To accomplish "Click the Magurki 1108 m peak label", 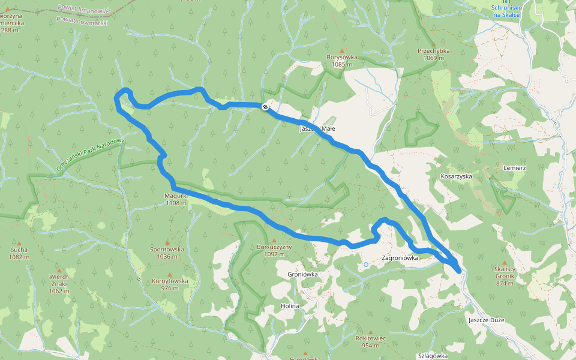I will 176,199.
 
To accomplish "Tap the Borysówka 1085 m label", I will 342,61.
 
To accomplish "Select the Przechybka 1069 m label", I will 434,54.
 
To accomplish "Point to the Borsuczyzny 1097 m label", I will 274,250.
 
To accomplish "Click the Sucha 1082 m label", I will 19,253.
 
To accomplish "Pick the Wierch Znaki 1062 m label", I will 59,283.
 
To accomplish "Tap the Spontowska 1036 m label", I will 167,252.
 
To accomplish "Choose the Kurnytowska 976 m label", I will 170,284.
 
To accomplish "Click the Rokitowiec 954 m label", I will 370,341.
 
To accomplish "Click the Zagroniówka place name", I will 400,258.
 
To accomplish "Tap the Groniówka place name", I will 302,274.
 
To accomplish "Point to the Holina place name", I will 290,306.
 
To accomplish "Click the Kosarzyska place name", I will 457,177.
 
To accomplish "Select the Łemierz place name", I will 515,168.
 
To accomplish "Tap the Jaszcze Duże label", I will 487,320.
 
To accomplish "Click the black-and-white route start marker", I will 265,106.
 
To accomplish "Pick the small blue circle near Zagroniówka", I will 365,264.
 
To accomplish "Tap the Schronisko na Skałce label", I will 508,11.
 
